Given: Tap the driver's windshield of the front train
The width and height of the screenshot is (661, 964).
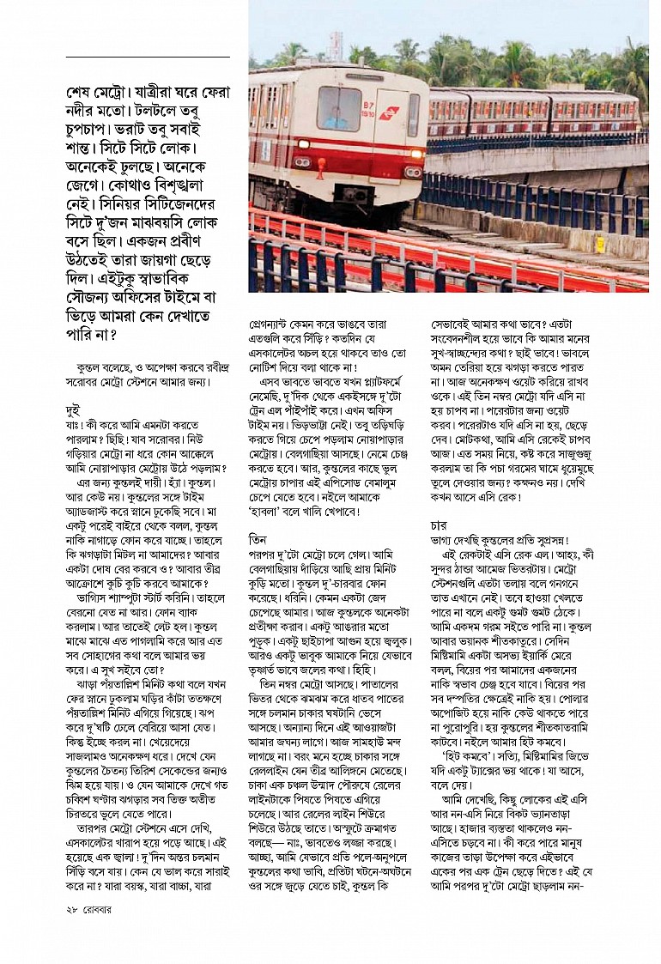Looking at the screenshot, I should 340,107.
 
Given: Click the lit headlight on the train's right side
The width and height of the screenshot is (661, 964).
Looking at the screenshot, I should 413,171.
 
